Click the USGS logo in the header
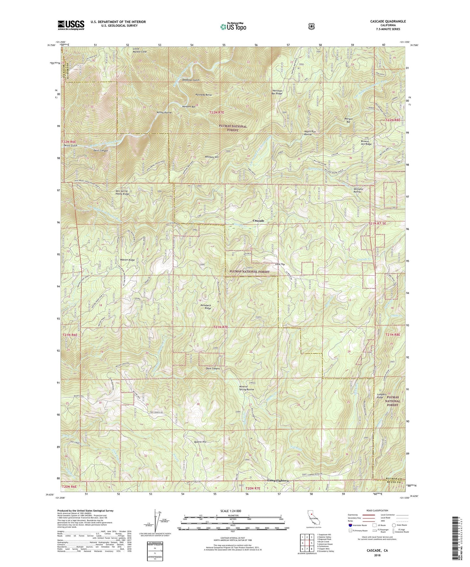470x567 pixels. (x=71, y=25)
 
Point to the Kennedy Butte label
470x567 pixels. (x=204, y=95)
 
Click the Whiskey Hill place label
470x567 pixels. (x=212, y=157)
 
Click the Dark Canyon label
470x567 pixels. (x=213, y=369)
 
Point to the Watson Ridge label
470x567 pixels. (x=127, y=260)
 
